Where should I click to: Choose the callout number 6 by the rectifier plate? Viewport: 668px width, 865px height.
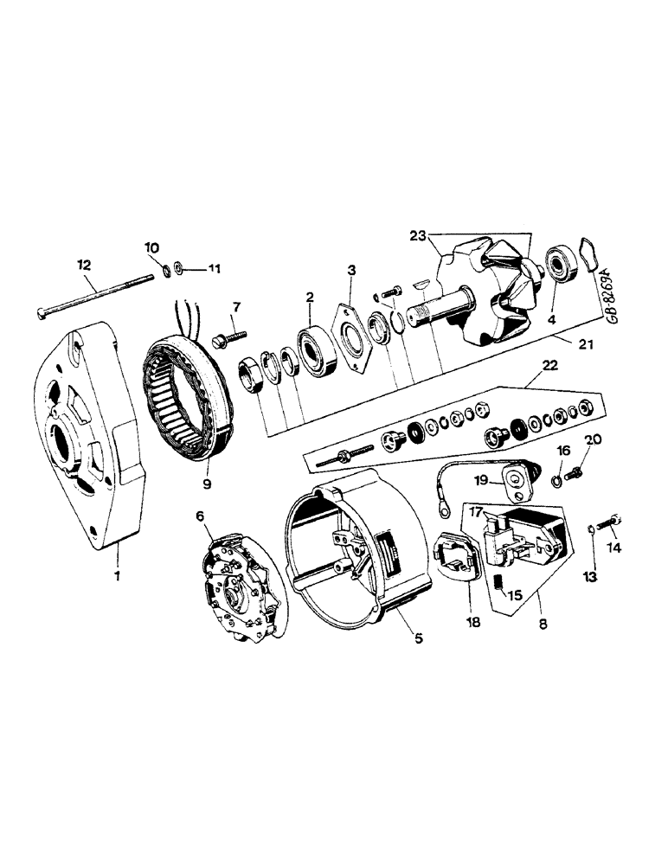click(x=200, y=516)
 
